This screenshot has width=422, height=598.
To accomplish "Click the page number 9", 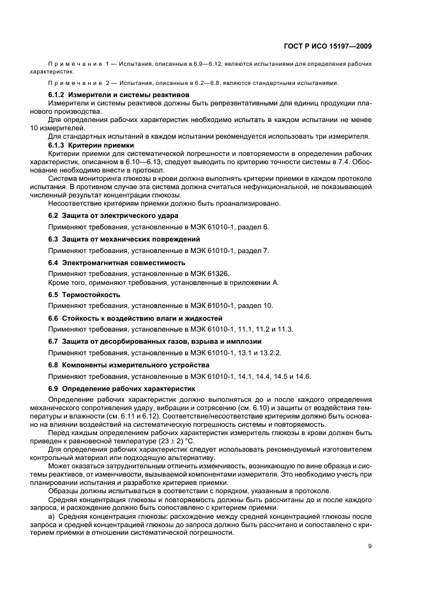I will [370, 546].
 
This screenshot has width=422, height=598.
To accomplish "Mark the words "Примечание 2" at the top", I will [72, 82].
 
